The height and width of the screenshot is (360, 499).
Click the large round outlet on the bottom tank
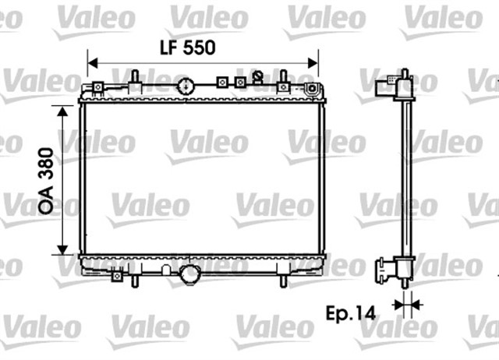point(189,274)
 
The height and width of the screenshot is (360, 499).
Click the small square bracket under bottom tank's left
point(117,274)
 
